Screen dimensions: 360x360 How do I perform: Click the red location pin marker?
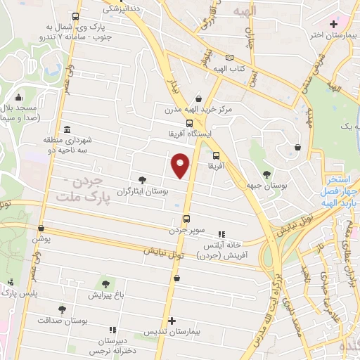coord(181,165)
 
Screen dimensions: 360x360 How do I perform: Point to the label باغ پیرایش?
coord(105,296)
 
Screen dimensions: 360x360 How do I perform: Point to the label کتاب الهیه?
coord(229,69)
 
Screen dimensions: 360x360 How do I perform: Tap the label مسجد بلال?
coord(22,110)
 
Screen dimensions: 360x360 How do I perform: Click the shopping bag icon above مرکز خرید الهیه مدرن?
coord(199,99)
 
